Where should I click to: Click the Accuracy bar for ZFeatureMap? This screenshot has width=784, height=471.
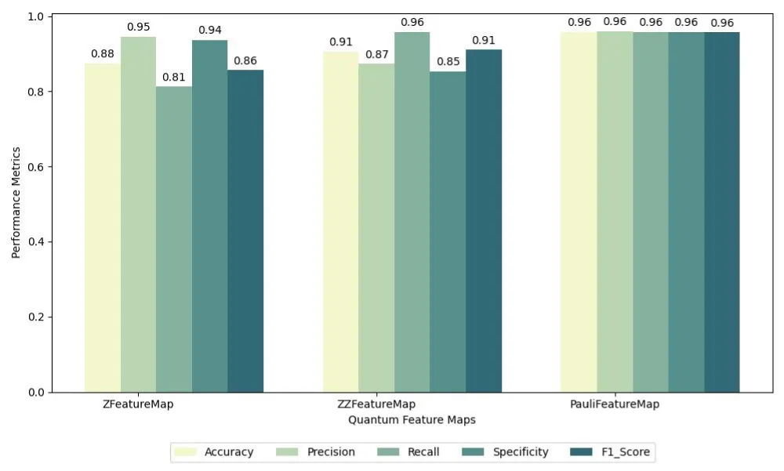click(103, 227)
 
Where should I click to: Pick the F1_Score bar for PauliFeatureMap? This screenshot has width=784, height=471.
click(722, 212)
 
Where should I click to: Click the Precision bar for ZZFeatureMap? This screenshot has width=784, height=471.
click(376, 227)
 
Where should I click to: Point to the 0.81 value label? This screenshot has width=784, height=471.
click(174, 78)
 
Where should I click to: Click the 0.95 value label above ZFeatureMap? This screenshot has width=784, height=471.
click(138, 27)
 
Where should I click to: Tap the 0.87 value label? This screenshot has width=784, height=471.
click(376, 54)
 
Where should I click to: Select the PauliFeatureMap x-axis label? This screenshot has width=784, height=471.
click(615, 404)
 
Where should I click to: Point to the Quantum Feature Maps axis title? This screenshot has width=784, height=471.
click(412, 420)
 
